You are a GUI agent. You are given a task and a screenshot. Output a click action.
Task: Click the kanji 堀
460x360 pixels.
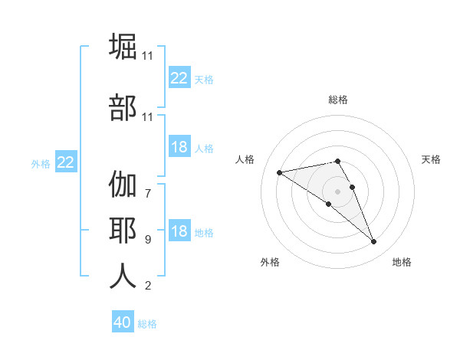coord(123,47)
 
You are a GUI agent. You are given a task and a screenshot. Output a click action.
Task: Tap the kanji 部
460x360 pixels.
coord(123,106)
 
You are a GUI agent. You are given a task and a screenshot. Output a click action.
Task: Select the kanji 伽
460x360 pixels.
coord(123,186)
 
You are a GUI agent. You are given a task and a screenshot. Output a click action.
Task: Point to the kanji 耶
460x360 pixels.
coord(123,231)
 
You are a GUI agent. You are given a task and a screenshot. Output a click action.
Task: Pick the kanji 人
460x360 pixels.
coord(123,275)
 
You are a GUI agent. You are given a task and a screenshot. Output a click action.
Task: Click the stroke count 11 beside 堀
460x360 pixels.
coord(148,56)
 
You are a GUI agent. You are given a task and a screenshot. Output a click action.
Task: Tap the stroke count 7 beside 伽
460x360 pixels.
coord(148,185)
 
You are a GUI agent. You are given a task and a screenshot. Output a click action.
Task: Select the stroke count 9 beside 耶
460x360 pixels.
coord(148,239)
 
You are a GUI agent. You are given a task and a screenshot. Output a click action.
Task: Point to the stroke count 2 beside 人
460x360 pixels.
coord(148,286)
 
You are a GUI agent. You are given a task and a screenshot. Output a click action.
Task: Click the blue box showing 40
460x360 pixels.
coord(123,322)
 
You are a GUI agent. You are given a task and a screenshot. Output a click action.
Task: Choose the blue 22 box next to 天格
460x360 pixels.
coord(179,78)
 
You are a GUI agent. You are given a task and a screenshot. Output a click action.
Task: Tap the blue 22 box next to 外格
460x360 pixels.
coord(66,162)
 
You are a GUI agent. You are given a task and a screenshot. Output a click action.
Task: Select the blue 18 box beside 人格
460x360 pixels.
coord(179,148)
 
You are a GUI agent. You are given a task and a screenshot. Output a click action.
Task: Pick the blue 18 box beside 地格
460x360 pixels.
coord(179,232)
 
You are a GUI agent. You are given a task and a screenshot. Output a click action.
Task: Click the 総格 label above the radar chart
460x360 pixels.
coord(338,100)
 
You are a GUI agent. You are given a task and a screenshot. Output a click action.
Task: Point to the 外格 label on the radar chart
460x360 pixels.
coord(270,263)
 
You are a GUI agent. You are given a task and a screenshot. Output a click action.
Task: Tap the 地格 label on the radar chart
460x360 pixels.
coord(402,263)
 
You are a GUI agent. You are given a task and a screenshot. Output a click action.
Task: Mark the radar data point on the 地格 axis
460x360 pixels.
coord(373,242)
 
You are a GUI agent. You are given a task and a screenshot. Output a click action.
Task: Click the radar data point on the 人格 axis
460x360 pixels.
coord(280,172)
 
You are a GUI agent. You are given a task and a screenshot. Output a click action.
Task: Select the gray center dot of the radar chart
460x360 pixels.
coord(338,191)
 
